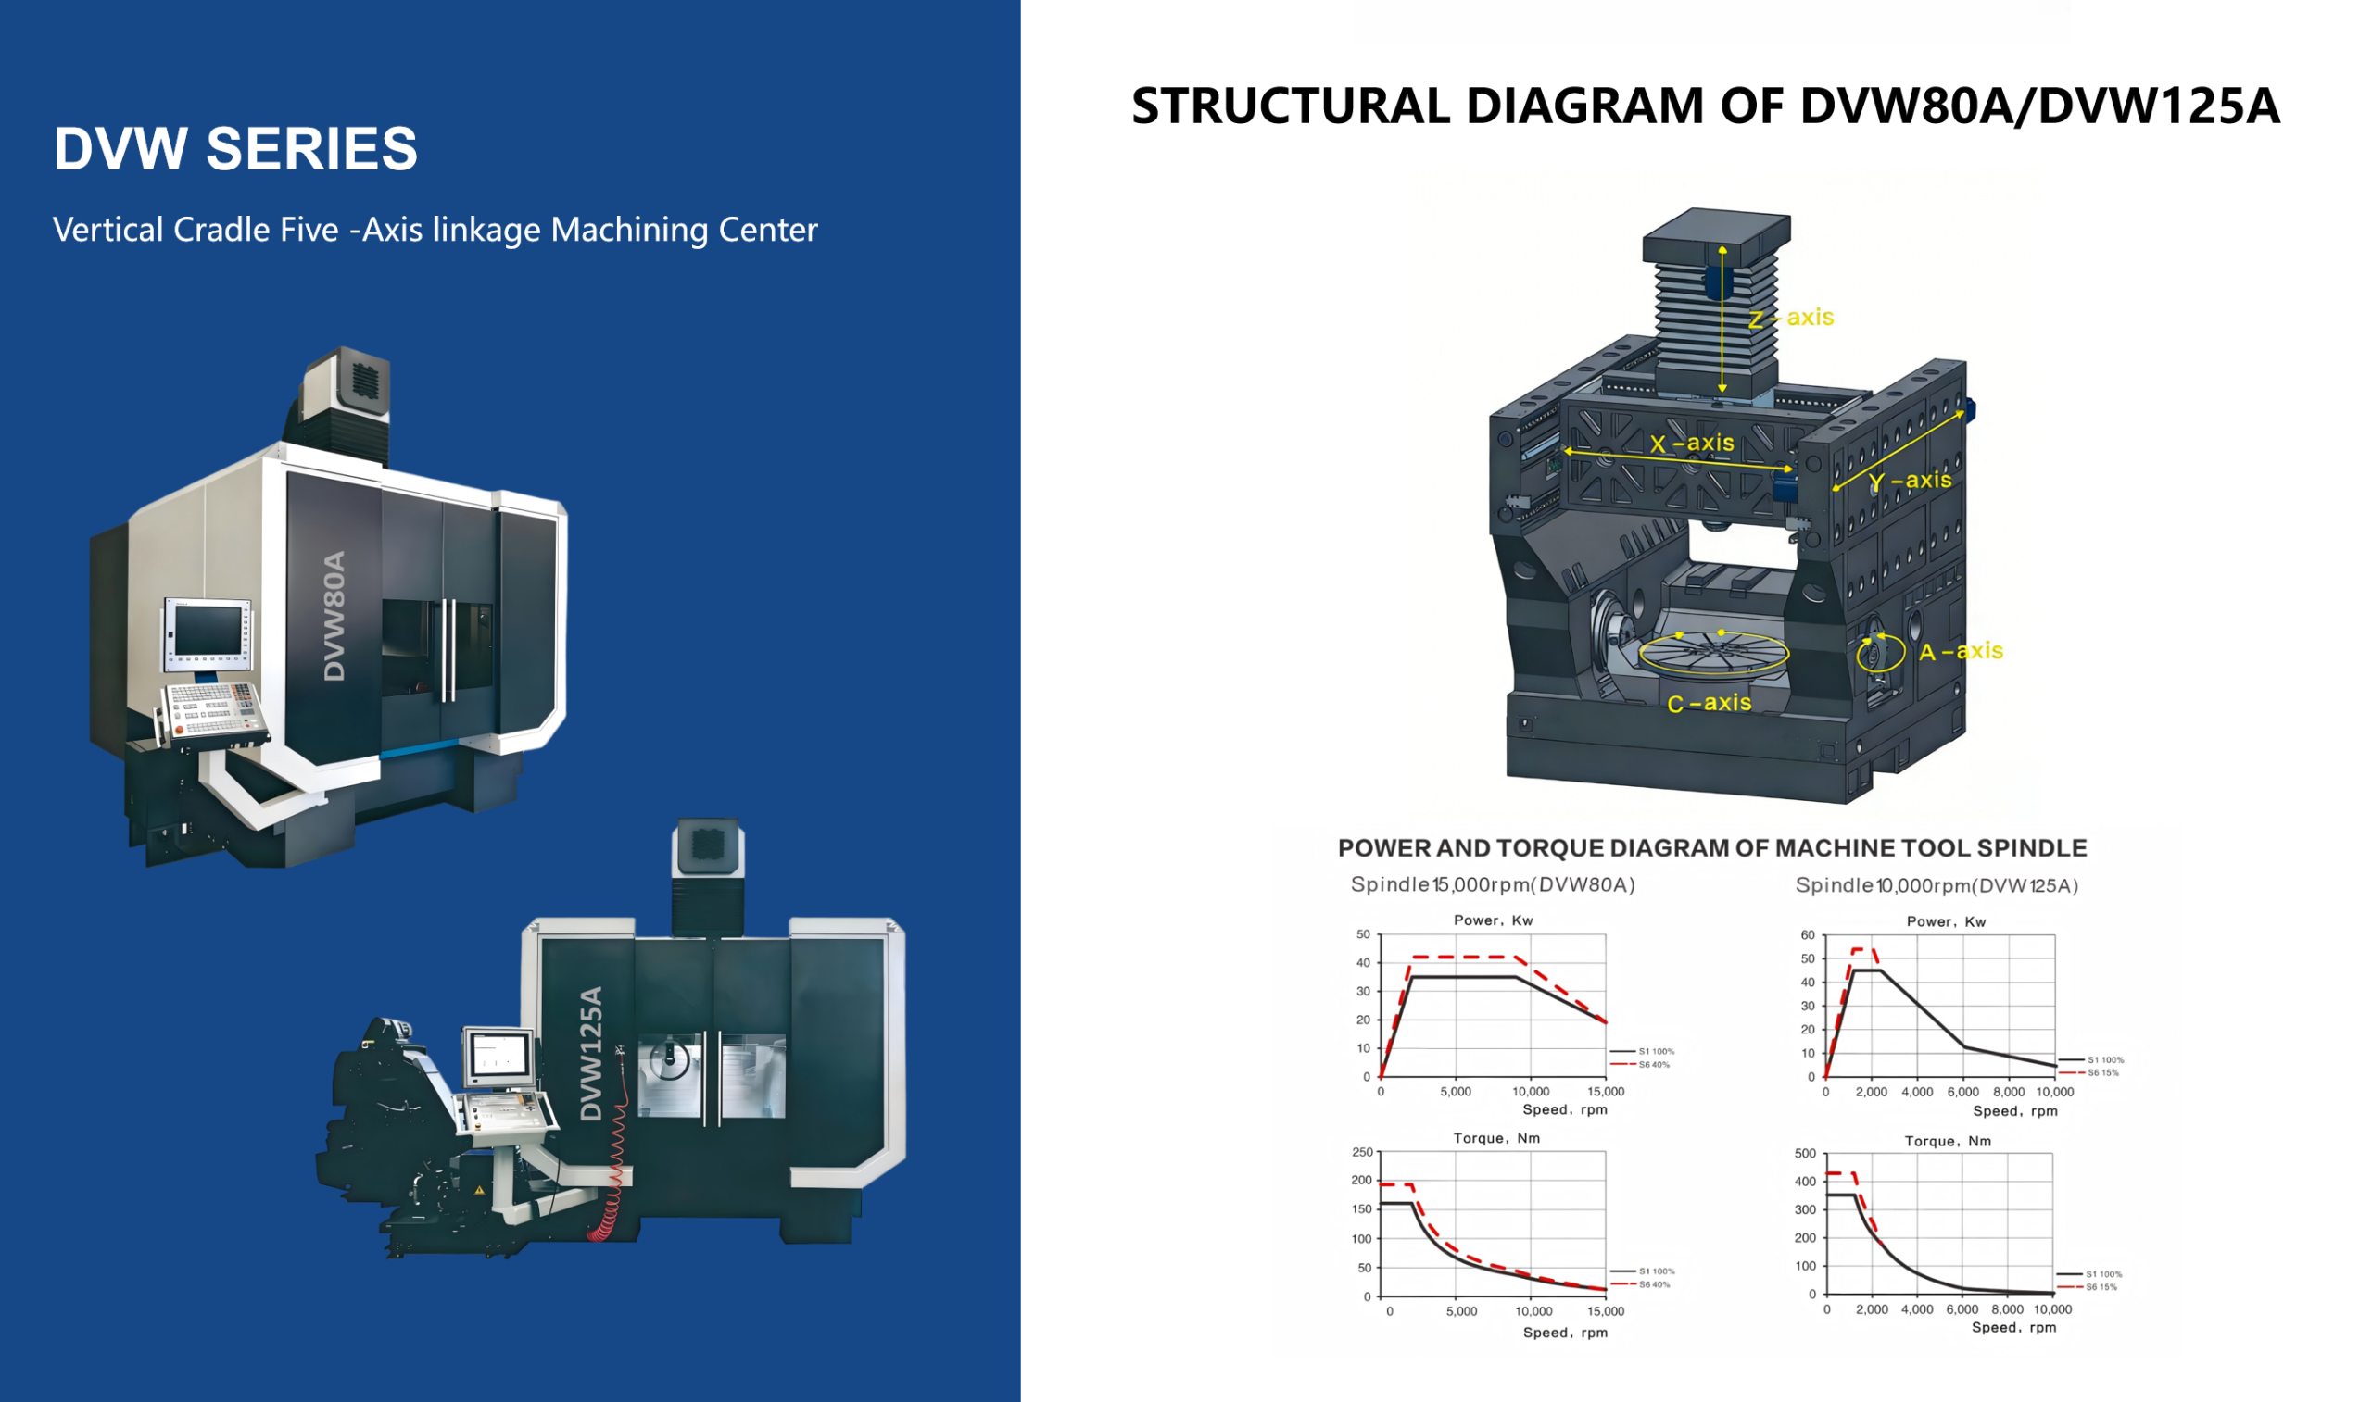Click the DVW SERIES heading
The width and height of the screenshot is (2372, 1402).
235,149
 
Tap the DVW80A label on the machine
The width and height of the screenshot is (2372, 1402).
334,616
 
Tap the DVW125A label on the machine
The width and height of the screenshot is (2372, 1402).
590,1054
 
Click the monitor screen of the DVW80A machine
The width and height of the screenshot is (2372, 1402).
208,629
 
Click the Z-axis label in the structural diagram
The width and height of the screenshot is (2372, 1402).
1791,318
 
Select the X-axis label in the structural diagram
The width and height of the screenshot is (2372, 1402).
1692,443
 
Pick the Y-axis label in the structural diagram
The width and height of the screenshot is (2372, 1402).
1910,481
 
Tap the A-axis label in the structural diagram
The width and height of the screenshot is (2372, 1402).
1961,651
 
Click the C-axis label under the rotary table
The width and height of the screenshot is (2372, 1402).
1709,703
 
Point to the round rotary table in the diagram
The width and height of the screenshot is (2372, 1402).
1713,653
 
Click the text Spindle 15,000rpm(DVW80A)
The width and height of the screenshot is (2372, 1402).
1492,884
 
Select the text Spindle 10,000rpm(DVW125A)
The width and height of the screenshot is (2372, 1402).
1937,885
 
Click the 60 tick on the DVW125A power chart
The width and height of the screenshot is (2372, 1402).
1807,935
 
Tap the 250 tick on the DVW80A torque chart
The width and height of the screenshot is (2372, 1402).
1361,1153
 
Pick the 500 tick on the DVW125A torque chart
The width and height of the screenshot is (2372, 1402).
1804,1154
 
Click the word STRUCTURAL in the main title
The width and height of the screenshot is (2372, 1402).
1290,106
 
